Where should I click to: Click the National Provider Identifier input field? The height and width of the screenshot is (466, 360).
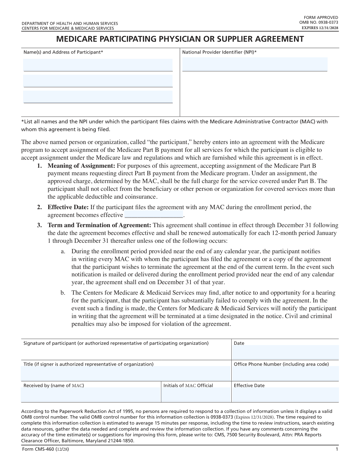tap(255, 64)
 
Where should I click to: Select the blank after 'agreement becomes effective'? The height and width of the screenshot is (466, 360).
tap(154, 215)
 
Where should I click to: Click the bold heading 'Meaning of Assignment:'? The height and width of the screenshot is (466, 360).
tap(81, 166)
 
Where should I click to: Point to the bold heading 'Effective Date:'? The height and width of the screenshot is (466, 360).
tap(68, 207)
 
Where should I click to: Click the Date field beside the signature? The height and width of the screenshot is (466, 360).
tap(285, 352)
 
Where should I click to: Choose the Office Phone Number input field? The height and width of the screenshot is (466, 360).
tap(285, 374)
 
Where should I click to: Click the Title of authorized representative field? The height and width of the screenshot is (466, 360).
tap(126, 374)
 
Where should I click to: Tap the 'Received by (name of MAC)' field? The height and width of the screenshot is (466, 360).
tap(91, 395)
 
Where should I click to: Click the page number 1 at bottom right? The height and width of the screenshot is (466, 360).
tap(337, 449)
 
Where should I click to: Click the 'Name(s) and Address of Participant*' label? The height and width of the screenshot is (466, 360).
tap(63, 52)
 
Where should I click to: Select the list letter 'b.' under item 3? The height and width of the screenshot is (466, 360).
tap(63, 293)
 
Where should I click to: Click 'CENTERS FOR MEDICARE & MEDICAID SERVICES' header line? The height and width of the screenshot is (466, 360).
tap(67, 28)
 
